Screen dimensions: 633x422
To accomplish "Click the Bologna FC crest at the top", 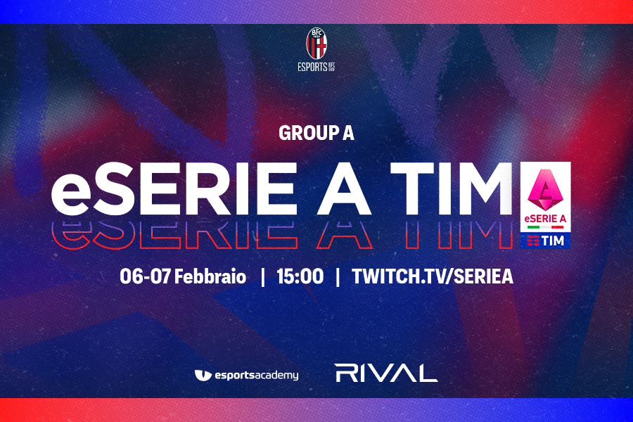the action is coord(316,43).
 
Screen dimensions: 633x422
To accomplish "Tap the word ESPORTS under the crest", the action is coord(312,67).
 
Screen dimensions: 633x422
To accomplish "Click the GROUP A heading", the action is coord(316,133).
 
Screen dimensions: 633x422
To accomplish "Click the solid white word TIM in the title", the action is coord(452,189).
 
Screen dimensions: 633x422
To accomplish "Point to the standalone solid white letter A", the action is coord(344,189).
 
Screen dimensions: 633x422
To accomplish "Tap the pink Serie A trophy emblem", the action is coord(545,189).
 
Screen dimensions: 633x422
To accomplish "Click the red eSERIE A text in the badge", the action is coord(545,219).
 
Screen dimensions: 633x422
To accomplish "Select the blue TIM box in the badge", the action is coord(545,241).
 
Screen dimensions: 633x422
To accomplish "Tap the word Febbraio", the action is coord(210,276).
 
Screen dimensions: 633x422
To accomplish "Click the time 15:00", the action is coord(300,276).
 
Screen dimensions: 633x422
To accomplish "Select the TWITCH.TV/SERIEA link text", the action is coord(433,276).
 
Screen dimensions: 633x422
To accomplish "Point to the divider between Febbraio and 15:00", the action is coord(263,277).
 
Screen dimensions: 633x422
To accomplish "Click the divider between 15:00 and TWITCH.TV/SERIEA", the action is coord(338,277).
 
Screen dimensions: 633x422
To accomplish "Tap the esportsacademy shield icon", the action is coord(203,375).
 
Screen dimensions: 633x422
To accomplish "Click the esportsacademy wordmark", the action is coord(256,376).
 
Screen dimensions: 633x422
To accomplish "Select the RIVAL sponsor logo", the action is coord(386,373).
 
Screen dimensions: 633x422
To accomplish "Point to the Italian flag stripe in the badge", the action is coord(545,227).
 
